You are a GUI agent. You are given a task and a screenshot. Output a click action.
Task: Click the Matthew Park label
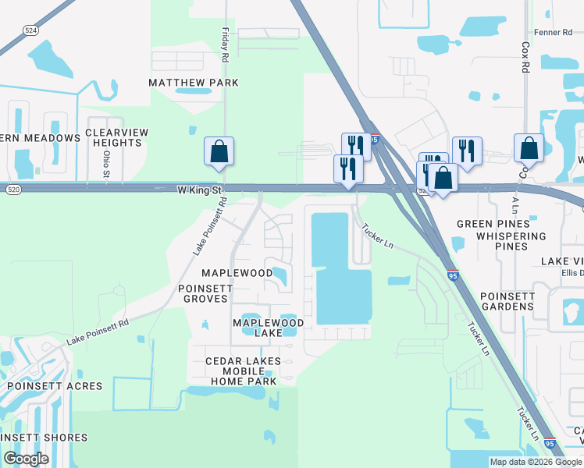(195, 83)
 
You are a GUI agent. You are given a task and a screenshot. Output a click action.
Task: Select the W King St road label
(200, 190)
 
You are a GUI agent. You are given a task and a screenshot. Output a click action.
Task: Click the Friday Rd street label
(225, 45)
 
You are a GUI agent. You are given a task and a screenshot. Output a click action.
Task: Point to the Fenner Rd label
(554, 32)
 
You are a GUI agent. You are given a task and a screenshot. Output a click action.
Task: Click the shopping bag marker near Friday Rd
(219, 151)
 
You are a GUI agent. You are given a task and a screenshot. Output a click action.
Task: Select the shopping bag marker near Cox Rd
(529, 148)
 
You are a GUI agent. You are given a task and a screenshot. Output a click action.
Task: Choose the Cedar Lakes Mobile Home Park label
(240, 371)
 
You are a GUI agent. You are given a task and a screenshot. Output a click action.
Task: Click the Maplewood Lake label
(268, 328)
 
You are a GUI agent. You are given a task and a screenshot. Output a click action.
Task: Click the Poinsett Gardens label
(507, 301)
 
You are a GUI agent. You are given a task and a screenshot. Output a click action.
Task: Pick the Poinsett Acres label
(55, 386)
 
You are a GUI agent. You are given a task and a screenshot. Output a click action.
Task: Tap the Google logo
(26, 459)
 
